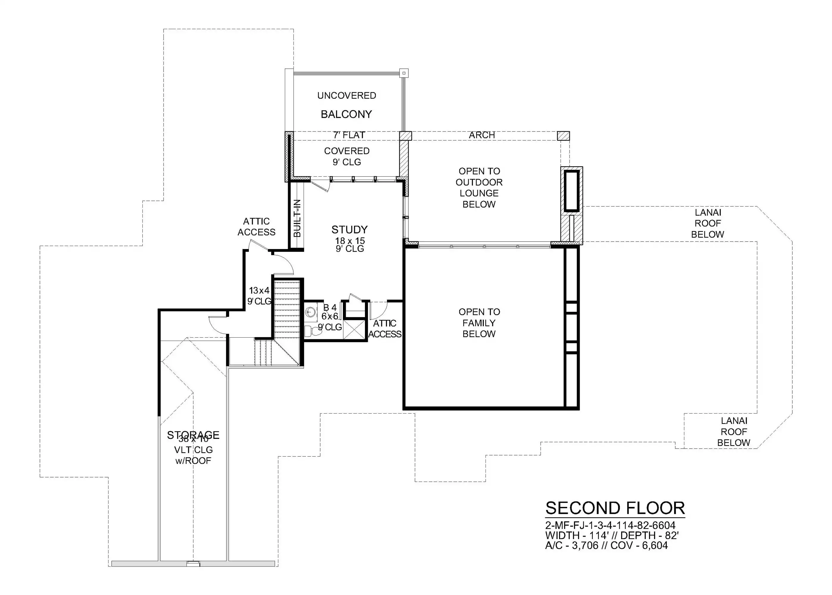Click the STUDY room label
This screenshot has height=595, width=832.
point(349,230)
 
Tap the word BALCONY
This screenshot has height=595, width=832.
point(346,114)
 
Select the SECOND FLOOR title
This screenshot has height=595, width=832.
point(615,508)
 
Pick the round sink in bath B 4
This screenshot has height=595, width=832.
point(310,312)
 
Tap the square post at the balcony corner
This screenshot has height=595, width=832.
point(404,73)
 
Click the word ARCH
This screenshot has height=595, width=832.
point(482,135)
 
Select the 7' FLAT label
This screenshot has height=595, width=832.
point(349,135)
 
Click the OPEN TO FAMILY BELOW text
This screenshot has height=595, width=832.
point(479,323)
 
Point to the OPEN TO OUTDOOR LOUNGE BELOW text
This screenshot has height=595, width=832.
point(479,188)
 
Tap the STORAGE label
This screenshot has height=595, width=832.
point(193,435)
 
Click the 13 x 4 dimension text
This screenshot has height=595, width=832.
point(259,291)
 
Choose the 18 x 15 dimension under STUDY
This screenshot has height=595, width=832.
point(350,241)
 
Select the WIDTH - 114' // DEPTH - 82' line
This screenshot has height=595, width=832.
point(612,535)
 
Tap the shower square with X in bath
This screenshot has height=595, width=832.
point(354,329)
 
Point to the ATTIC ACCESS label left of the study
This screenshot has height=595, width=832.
point(256,227)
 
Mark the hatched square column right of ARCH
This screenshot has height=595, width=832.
point(563,136)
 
